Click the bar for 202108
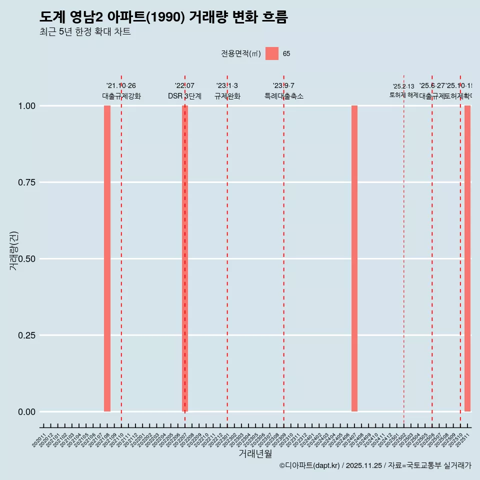tap(107, 258)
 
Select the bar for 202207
tap(185, 258)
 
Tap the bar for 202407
tap(354, 258)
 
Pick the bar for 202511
tap(467, 258)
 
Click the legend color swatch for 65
tap(272, 53)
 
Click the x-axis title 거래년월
tap(255, 454)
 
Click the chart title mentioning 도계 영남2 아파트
tap(163, 17)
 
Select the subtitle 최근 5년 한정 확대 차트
tap(85, 32)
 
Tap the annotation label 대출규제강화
tap(121, 96)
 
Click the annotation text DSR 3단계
tap(184, 96)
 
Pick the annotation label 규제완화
tap(227, 96)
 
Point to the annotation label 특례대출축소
tap(284, 96)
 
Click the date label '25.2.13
tap(403, 86)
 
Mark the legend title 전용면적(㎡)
tap(241, 54)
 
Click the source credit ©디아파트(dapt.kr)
tap(310, 465)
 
